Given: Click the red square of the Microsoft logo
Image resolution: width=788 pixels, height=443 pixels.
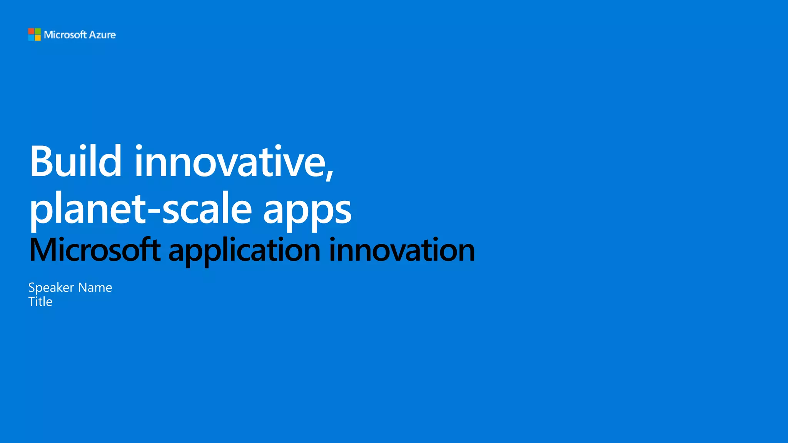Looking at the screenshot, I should tap(31, 31).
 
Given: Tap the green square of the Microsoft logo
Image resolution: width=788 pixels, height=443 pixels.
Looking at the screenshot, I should tap(38, 31).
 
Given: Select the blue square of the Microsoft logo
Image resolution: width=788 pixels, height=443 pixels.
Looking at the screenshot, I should tap(31, 38).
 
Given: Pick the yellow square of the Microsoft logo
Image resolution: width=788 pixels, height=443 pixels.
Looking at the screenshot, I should tap(38, 38).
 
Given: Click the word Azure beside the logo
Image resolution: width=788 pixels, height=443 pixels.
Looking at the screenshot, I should tap(102, 35).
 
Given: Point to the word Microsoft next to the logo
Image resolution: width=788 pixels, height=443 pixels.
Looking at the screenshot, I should tap(65, 35).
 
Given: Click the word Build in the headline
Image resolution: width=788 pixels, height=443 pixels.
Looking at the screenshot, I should tap(76, 161).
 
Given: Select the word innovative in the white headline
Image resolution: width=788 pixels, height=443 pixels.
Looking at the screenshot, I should tap(230, 161).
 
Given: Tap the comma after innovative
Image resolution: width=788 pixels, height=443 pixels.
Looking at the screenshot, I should tap(330, 173).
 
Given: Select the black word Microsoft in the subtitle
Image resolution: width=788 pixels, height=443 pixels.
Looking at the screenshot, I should tap(95, 250).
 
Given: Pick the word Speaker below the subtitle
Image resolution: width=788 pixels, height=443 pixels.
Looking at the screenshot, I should tap(51, 288).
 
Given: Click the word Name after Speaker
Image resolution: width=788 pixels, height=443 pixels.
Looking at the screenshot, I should tap(95, 288).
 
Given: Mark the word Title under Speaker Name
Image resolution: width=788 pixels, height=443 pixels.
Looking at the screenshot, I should tap(40, 302).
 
